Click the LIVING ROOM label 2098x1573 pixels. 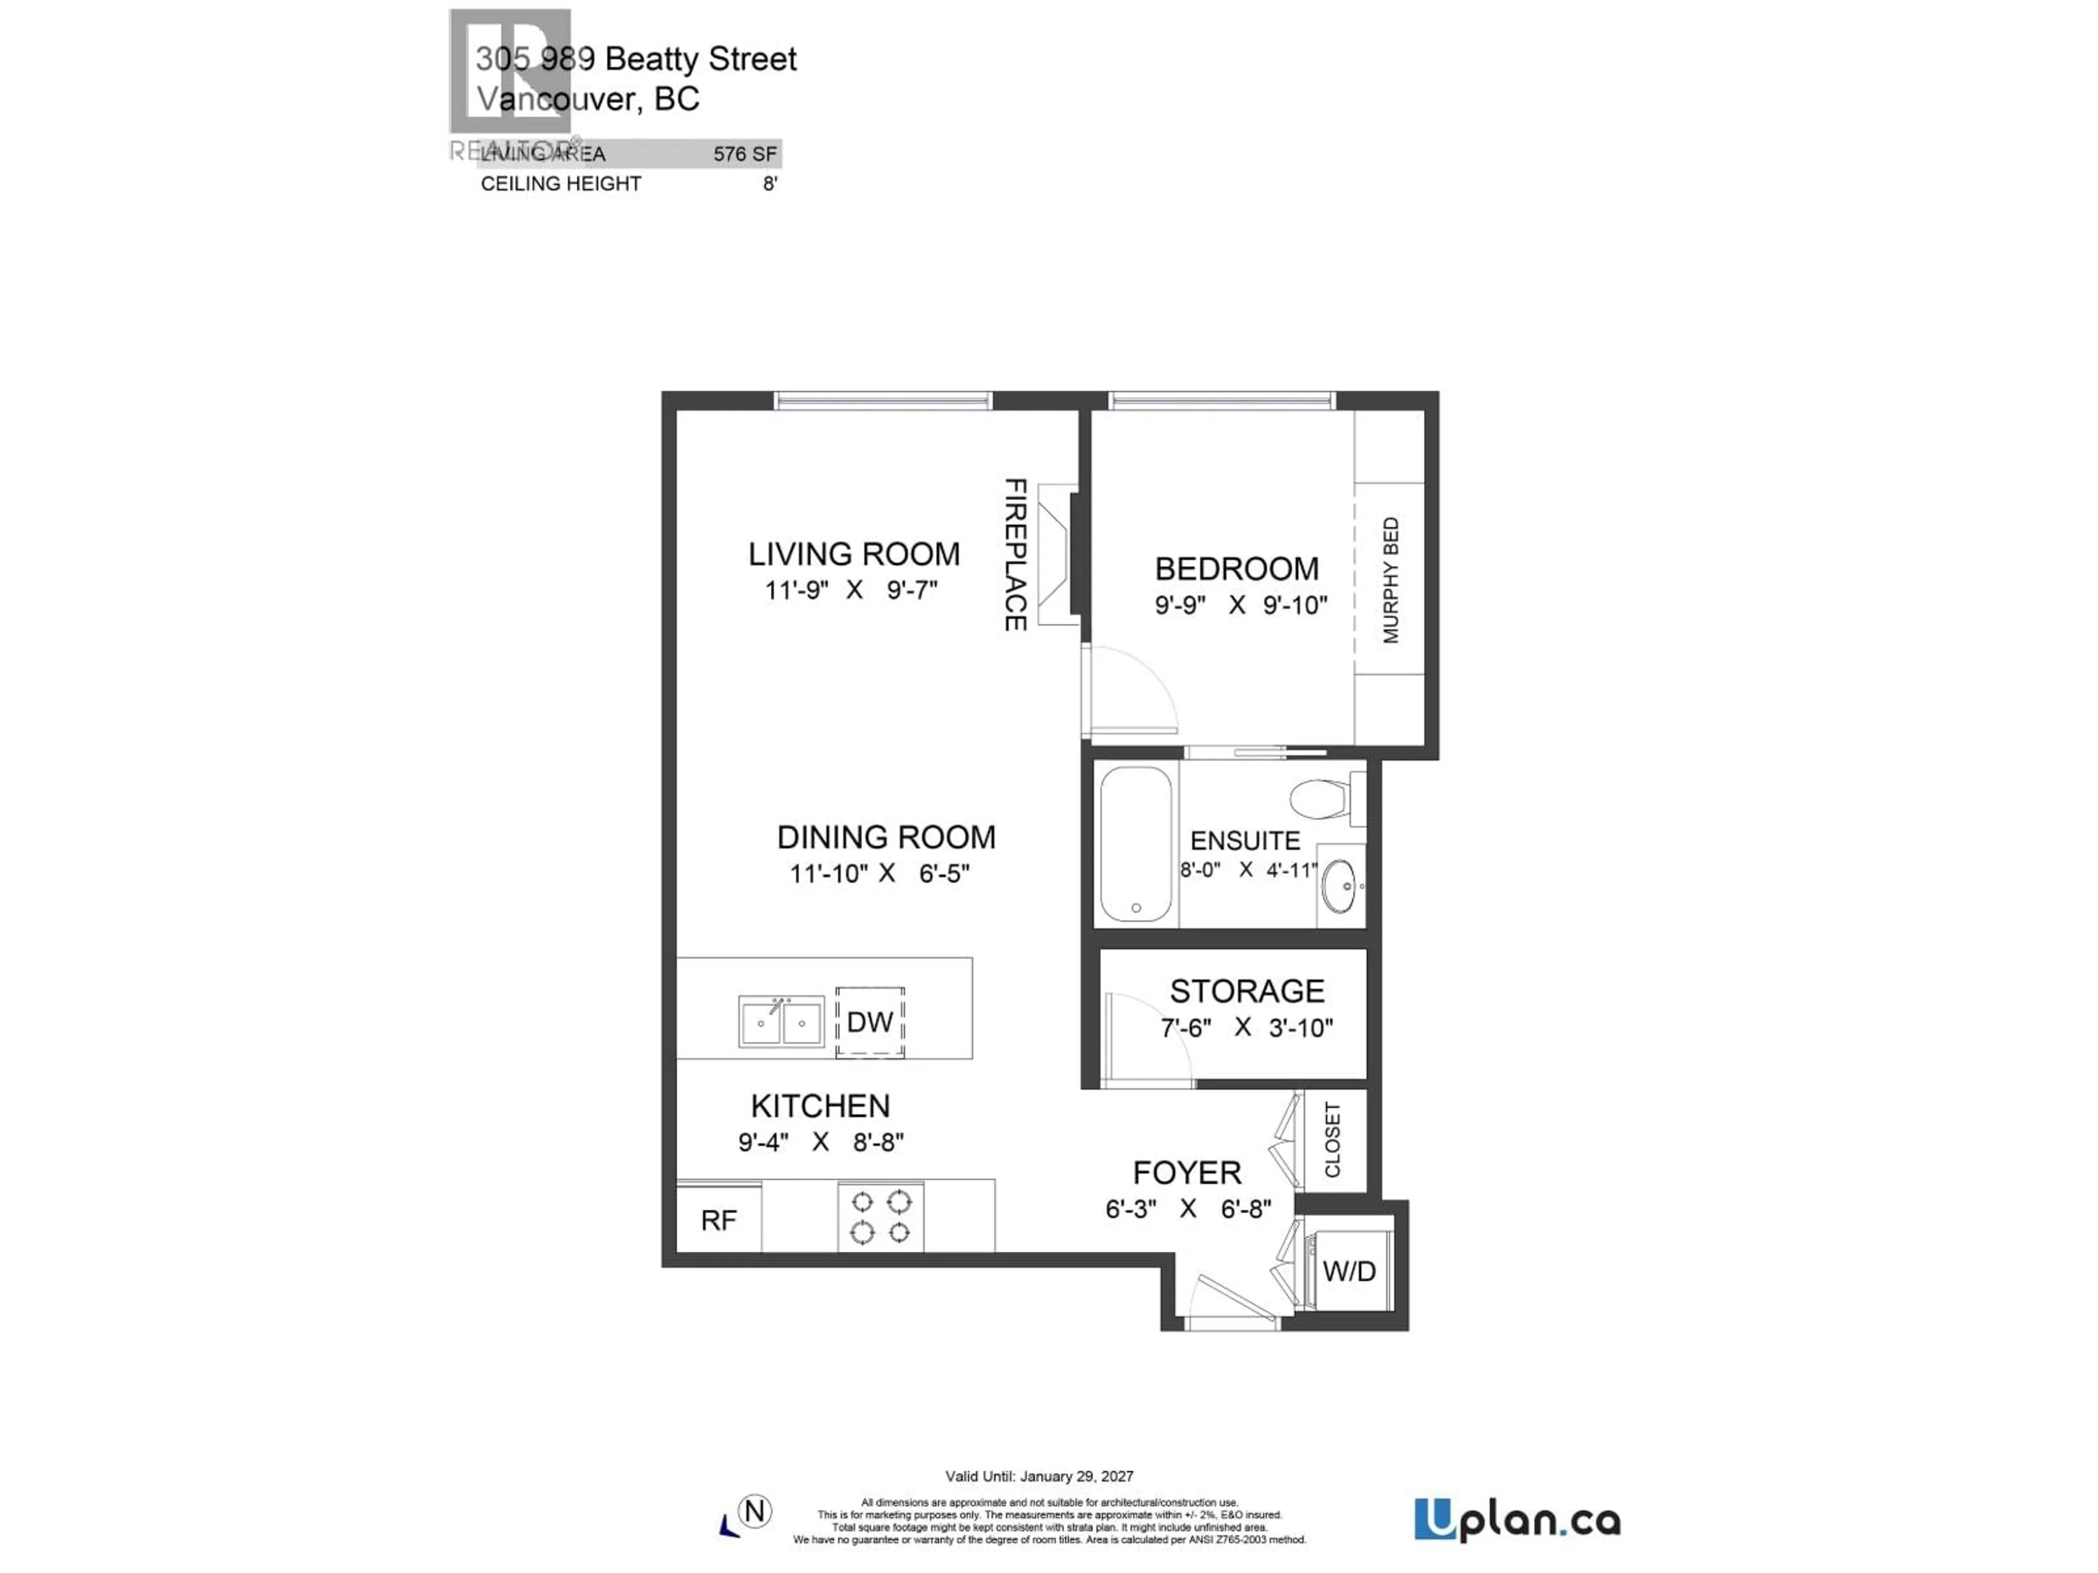[853, 554]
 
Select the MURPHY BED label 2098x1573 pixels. [1390, 580]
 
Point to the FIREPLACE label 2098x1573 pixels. [1015, 555]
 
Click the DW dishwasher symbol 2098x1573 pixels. [870, 1022]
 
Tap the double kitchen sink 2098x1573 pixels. [781, 1021]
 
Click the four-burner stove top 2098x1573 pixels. [880, 1216]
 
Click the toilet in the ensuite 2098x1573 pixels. [1324, 799]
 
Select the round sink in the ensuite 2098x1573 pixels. [1339, 885]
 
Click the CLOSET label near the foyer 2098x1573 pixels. [1333, 1140]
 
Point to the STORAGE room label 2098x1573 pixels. [1246, 991]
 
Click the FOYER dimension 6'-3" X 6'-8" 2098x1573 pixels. [1187, 1209]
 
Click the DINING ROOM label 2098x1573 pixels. [886, 837]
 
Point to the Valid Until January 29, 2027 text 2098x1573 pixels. [1039, 1476]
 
